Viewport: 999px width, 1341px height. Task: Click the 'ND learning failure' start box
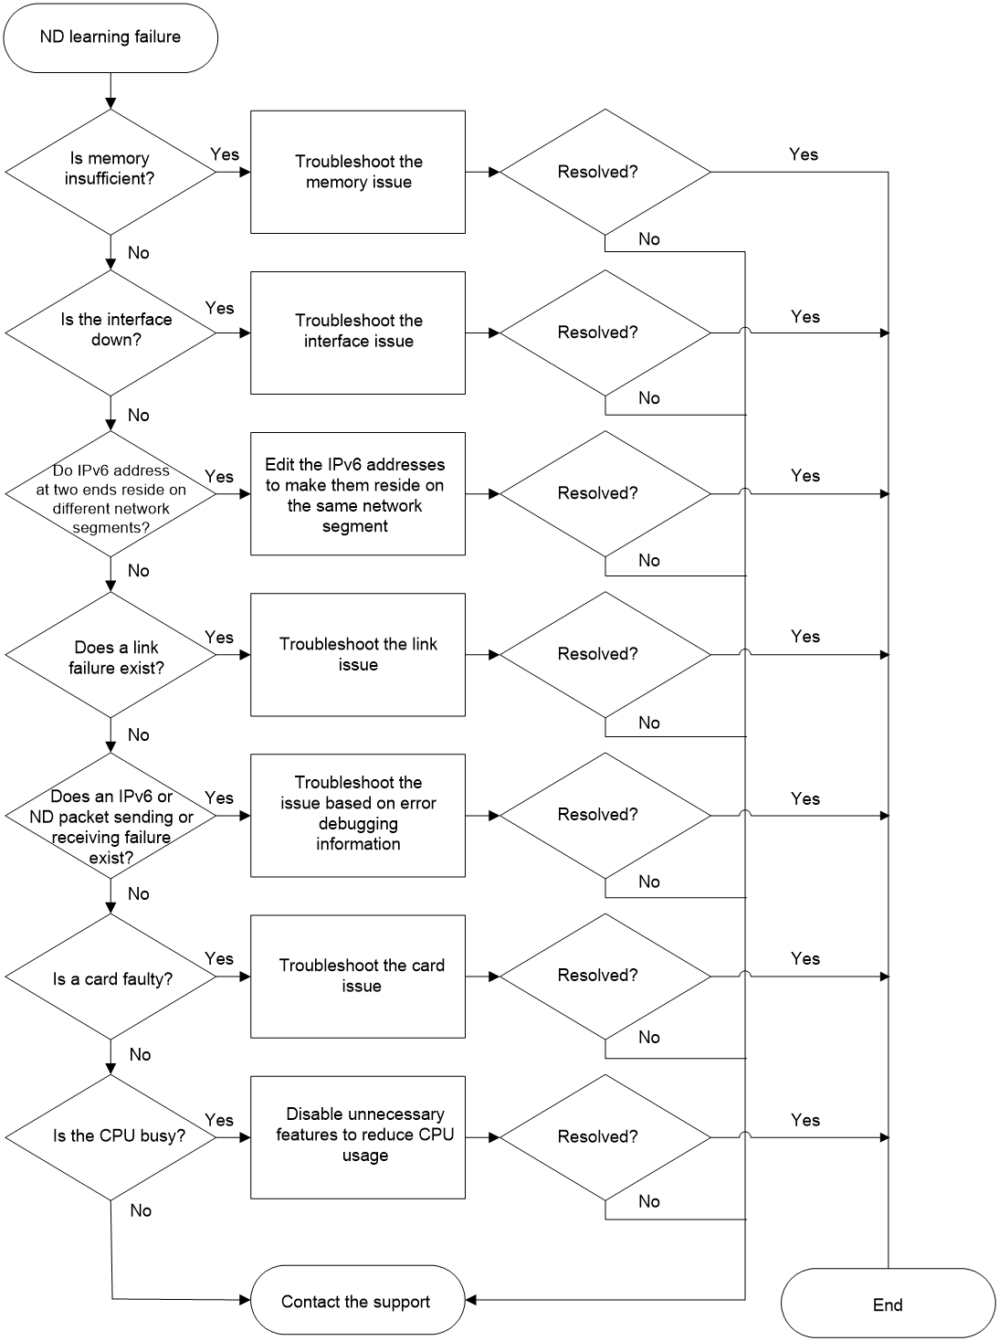coord(110,37)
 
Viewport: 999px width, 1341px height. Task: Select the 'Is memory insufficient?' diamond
coord(110,172)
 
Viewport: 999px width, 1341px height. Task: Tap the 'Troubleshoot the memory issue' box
coord(358,172)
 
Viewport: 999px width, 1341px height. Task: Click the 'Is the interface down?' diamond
coord(110,333)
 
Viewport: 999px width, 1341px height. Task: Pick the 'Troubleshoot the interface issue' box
coord(358,333)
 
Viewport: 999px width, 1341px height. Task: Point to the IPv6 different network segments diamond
coord(110,493)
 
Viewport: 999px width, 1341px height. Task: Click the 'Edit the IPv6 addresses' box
coord(358,493)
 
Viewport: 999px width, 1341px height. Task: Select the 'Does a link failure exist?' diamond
coord(110,655)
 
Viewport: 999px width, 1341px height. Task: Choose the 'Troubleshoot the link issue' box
coord(358,655)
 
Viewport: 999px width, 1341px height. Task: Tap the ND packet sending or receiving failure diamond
coord(110,816)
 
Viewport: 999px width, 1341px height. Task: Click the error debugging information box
coord(358,816)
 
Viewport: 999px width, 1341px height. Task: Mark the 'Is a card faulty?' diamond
coord(110,977)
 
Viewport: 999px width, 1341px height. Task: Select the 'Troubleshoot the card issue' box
coord(358,977)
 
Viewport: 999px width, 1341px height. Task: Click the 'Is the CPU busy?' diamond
coord(110,1137)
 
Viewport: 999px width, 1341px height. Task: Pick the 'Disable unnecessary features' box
coord(358,1137)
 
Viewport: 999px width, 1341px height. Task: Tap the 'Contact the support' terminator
coord(358,1300)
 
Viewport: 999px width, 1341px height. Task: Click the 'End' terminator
coord(888,1304)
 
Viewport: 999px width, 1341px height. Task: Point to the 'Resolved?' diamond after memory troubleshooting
coord(605,172)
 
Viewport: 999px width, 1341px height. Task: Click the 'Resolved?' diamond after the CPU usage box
coord(605,1137)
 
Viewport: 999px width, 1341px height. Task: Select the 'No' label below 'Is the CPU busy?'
coord(141,1210)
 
